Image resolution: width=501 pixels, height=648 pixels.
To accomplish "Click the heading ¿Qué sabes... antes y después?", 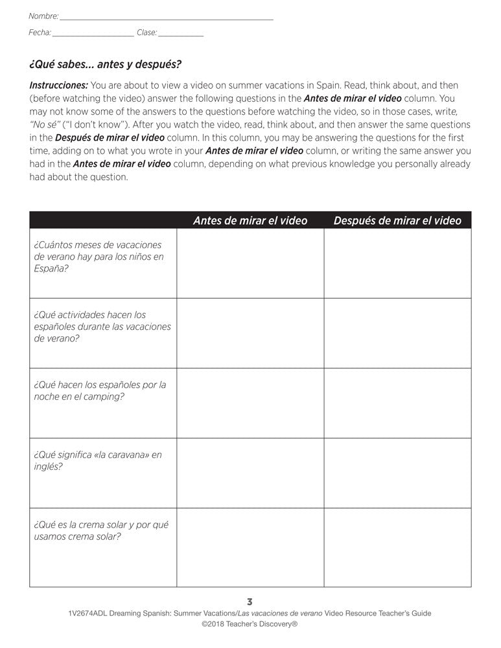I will tap(105, 64).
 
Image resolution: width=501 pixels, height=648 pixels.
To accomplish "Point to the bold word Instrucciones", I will tap(58, 85).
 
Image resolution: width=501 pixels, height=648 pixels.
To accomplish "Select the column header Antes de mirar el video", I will tap(250, 220).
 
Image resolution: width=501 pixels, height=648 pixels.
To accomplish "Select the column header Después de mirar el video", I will tap(397, 220).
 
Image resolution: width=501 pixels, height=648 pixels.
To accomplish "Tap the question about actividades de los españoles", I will tap(102, 327).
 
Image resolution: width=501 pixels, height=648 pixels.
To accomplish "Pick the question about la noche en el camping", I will tap(100, 390).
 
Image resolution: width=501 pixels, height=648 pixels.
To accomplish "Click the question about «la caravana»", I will tap(97, 460).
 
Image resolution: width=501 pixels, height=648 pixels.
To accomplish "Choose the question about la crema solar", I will tap(101, 530).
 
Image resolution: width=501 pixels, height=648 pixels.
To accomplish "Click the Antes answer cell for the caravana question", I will tap(250, 473).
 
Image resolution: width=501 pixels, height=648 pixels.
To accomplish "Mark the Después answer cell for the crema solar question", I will tap(397, 548).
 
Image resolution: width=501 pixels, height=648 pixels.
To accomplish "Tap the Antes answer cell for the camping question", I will tap(250, 403).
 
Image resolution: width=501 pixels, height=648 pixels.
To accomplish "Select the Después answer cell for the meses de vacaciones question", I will tap(397, 263).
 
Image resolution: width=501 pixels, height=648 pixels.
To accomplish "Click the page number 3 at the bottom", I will tap(250, 601).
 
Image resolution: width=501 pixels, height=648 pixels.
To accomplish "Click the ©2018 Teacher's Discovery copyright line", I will tap(250, 625).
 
